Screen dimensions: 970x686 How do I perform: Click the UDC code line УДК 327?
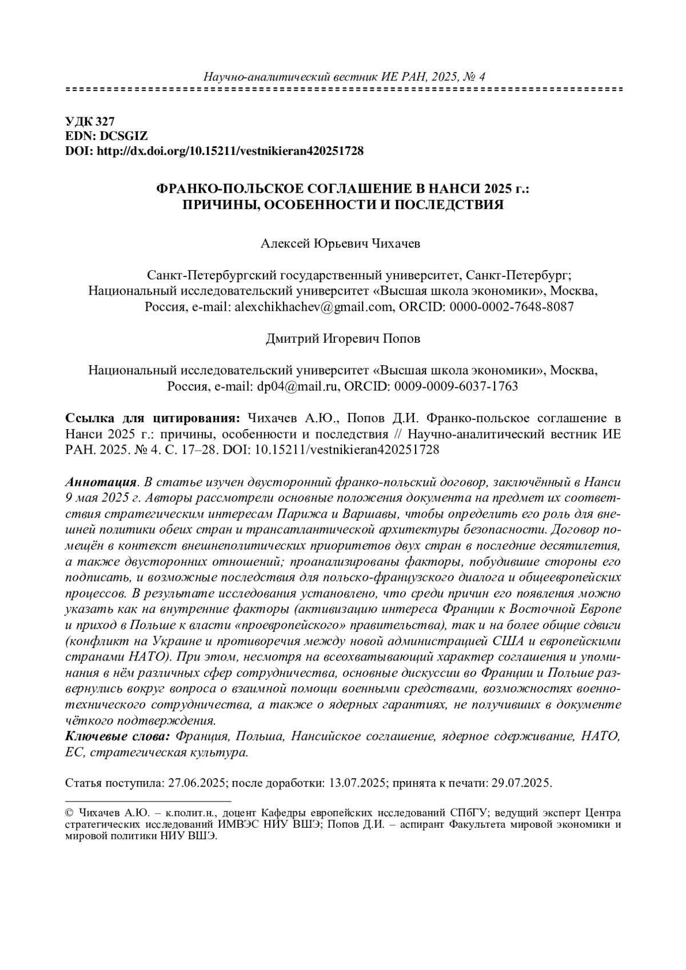click(90, 121)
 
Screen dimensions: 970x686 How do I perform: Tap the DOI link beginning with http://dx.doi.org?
click(229, 151)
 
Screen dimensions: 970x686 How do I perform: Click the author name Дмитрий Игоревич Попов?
click(342, 339)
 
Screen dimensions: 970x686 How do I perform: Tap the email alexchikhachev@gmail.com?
click(312, 307)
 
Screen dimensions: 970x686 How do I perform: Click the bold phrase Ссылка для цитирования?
click(149, 418)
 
